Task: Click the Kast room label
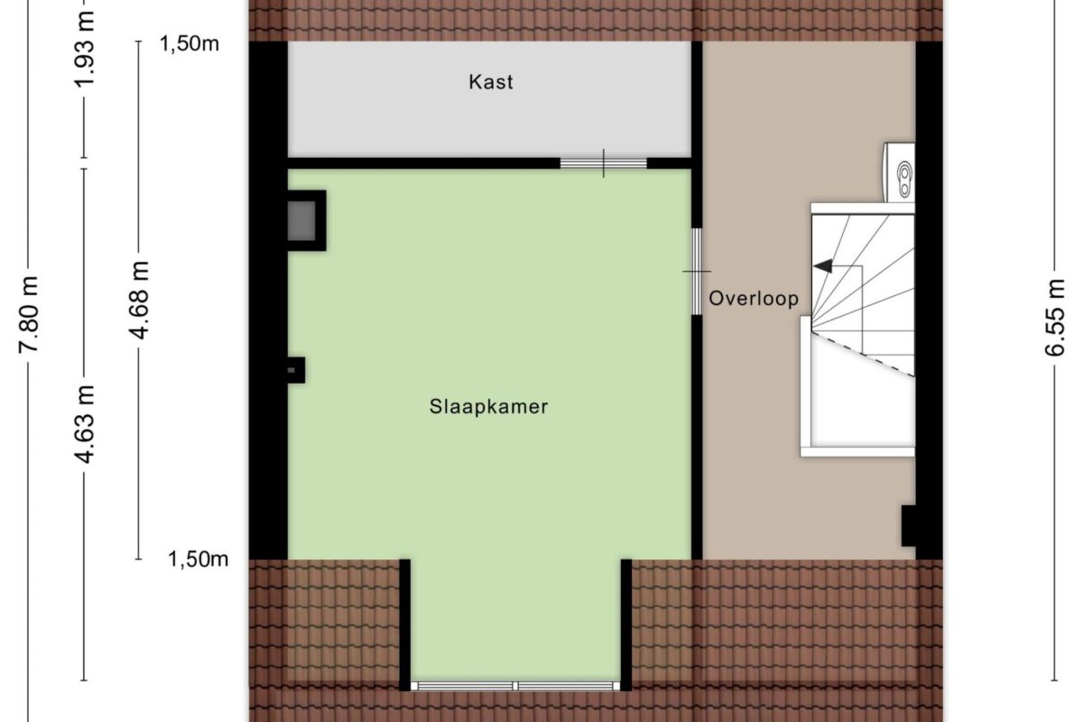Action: click(x=490, y=82)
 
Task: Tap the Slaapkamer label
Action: click(x=489, y=407)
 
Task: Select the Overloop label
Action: click(x=754, y=299)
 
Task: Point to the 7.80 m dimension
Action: click(x=29, y=314)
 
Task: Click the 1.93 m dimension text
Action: click(x=85, y=49)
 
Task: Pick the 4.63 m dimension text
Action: click(x=85, y=424)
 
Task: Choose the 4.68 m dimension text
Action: click(x=139, y=301)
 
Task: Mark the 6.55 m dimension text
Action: click(x=1055, y=318)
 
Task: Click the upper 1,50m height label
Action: click(x=189, y=44)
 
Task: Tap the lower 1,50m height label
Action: click(x=198, y=560)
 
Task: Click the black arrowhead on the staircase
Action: click(x=823, y=266)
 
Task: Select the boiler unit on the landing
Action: click(x=899, y=172)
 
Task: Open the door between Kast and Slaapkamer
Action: click(x=604, y=163)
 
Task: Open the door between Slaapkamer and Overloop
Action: click(x=697, y=272)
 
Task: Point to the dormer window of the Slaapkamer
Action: click(x=515, y=686)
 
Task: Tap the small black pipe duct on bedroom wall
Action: click(x=295, y=370)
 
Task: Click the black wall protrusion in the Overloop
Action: click(x=909, y=525)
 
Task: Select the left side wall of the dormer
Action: click(x=404, y=625)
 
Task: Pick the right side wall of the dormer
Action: click(x=626, y=625)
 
